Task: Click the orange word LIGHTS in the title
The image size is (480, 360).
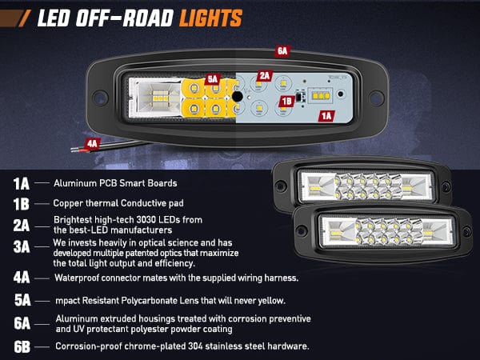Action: click(x=211, y=18)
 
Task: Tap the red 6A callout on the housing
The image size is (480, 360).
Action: click(x=282, y=51)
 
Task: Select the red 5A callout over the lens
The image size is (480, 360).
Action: click(x=213, y=79)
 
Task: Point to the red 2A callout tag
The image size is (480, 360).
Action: click(x=265, y=76)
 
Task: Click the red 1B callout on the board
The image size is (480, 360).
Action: click(x=286, y=102)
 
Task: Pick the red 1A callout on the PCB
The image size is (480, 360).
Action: click(x=326, y=116)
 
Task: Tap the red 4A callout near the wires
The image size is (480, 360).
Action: click(x=92, y=143)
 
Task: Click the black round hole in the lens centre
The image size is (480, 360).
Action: click(x=238, y=97)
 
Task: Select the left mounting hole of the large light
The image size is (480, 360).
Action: click(x=100, y=98)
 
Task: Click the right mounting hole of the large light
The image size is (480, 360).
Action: click(x=376, y=98)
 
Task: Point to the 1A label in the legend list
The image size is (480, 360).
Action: click(x=22, y=184)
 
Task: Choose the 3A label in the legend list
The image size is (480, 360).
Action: click(x=22, y=246)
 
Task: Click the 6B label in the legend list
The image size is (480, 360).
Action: click(x=22, y=347)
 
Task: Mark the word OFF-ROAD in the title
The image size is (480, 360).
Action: click(x=125, y=18)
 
